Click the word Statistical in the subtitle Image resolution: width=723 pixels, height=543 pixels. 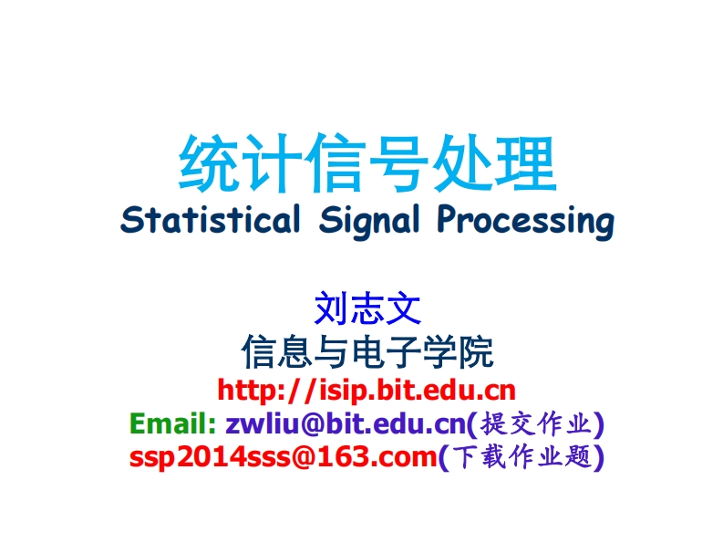pos(210,220)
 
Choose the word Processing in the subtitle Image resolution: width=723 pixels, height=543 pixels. pos(523,221)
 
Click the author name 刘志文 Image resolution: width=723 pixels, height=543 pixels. pos(367,309)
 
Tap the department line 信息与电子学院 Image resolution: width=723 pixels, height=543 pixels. pos(367,351)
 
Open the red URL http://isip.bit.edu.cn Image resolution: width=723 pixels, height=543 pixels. pos(367,391)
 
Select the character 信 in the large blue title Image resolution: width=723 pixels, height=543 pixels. pos(336,164)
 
